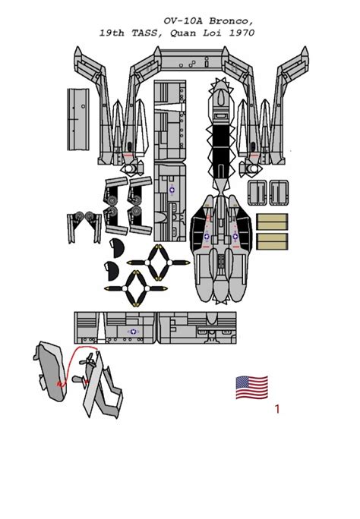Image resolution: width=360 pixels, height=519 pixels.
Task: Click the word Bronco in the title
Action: pyautogui.click(x=232, y=21)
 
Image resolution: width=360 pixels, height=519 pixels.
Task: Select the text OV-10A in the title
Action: pyautogui.click(x=184, y=21)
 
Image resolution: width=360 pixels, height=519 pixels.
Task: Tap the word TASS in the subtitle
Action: pyautogui.click(x=147, y=33)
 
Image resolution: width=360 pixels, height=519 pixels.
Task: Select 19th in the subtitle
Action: pyautogui.click(x=112, y=33)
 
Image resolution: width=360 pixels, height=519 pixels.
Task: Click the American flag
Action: pyautogui.click(x=251, y=387)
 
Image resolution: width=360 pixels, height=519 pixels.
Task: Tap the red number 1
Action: pyautogui.click(x=277, y=409)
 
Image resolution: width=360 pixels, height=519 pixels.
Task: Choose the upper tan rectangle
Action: pyautogui.click(x=272, y=222)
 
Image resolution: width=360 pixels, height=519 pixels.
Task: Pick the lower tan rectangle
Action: pyautogui.click(x=272, y=241)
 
